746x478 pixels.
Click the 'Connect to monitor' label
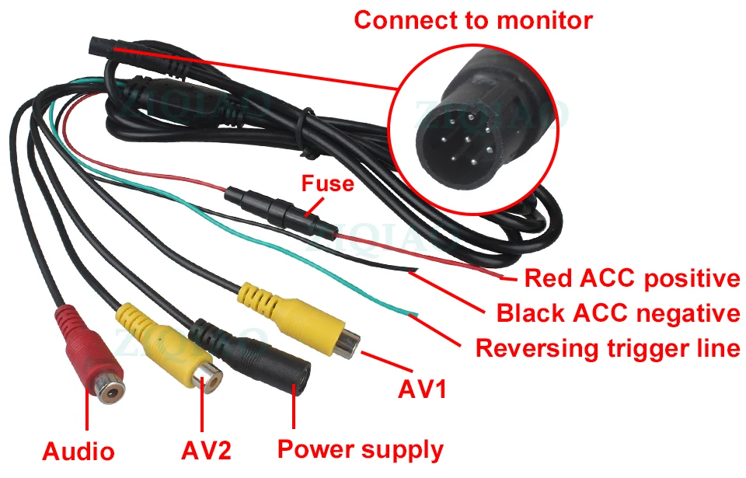point(472,19)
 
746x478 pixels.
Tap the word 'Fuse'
point(327,183)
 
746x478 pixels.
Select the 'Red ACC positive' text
point(631,277)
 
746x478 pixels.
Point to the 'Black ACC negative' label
point(618,313)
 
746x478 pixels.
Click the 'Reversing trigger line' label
point(607,347)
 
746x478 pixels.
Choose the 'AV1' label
point(422,389)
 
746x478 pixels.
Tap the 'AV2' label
point(206,449)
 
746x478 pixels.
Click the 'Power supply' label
point(361,448)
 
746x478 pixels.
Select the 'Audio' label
point(78,451)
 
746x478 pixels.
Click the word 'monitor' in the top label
point(543,19)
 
